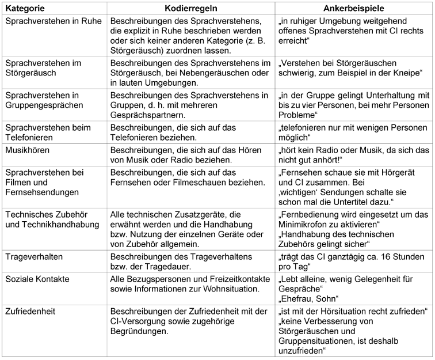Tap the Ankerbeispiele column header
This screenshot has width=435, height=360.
[354, 9]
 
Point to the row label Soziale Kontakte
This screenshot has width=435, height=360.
[37, 278]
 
